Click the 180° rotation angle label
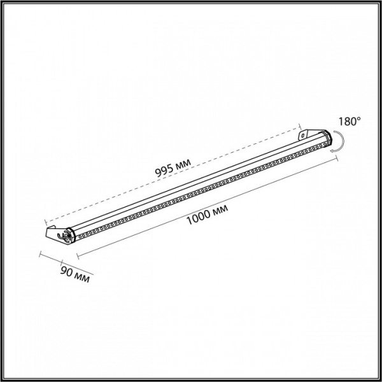(350, 121)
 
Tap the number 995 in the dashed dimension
(164, 171)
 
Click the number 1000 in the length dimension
(198, 217)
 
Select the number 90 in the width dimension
(66, 271)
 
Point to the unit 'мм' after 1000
(220, 209)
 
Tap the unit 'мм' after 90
(81, 278)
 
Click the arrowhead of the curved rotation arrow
(332, 151)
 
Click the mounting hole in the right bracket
(303, 136)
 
